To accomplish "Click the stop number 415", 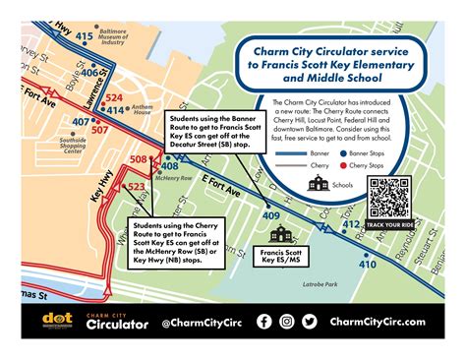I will pyautogui.click(x=84, y=36).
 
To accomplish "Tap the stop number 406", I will pyautogui.click(x=90, y=71).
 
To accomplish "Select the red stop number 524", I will pyautogui.click(x=114, y=97).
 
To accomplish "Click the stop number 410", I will pyautogui.click(x=367, y=265).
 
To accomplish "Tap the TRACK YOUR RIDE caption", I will pyautogui.click(x=388, y=225).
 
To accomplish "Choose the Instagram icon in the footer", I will pyautogui.click(x=287, y=321).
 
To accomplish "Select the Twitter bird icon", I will pyautogui.click(x=310, y=321).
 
